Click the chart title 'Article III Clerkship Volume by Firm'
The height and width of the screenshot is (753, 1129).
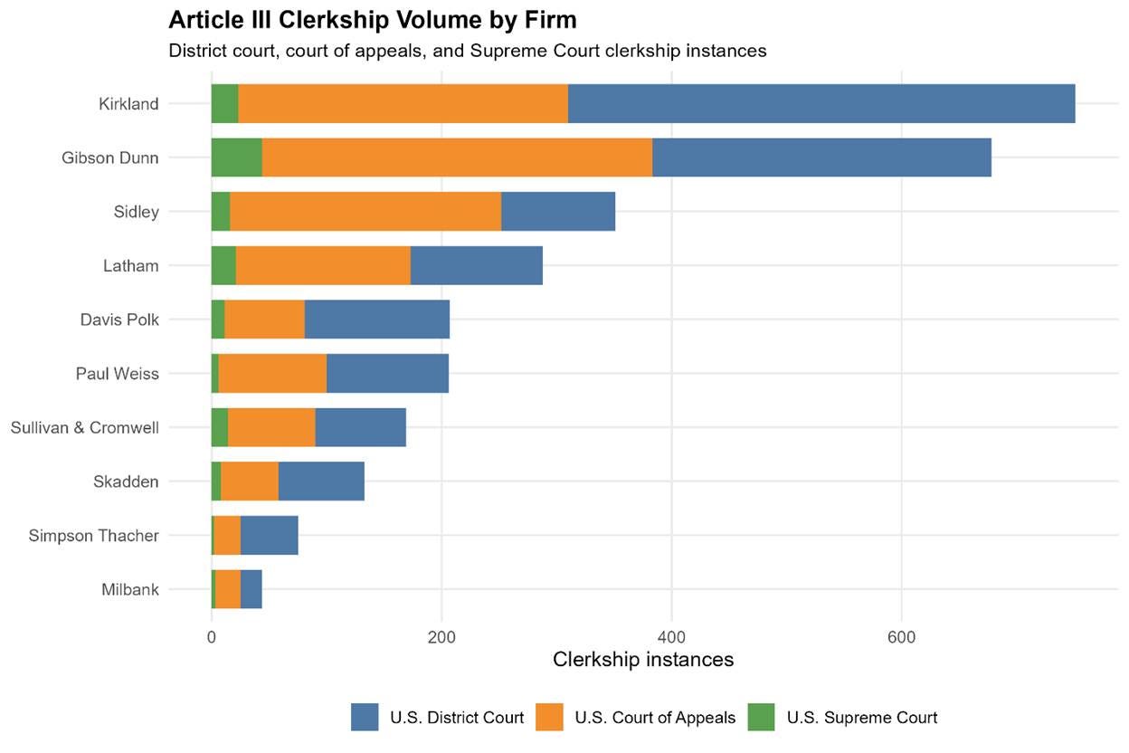coord(373,21)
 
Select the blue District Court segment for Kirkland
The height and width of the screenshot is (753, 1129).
coord(821,103)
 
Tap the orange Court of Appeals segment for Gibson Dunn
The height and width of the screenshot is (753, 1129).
coord(457,157)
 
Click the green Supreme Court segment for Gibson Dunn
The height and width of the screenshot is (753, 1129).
coord(237,157)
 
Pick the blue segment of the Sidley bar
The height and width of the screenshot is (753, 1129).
coord(558,211)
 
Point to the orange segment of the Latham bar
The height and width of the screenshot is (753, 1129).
coord(324,265)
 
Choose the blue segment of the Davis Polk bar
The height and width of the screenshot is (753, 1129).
coord(377,319)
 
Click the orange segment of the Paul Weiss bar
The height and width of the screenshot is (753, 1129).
coord(272,373)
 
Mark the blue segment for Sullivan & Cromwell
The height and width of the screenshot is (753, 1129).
coord(361,427)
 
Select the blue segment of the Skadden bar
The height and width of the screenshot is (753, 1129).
coord(321,481)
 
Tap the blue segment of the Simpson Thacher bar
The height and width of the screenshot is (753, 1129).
coord(270,535)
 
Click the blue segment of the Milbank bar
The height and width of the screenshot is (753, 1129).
coord(251,589)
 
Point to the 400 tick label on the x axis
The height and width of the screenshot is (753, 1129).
coord(671,637)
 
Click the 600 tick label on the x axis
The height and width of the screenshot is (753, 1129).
coord(901,637)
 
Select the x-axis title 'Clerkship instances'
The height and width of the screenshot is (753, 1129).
coord(643,660)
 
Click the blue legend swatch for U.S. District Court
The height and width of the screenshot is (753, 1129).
coord(365,717)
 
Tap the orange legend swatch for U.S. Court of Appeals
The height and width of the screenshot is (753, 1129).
coord(549,717)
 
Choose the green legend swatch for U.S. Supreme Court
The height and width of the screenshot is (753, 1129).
coord(761,717)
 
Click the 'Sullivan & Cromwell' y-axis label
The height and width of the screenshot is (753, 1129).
coord(85,428)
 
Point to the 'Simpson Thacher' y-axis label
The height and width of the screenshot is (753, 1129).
coord(94,536)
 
